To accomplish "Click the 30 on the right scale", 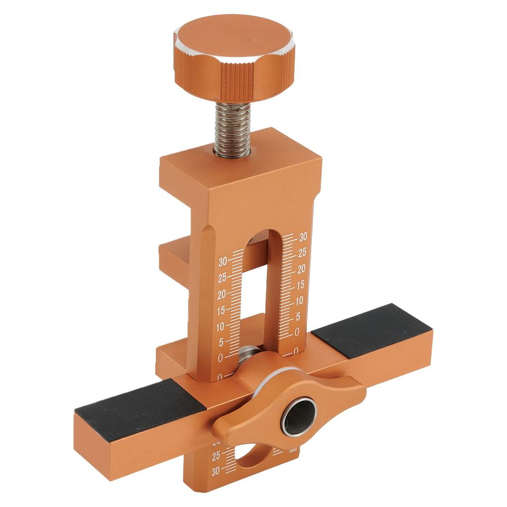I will pyautogui.click(x=304, y=236).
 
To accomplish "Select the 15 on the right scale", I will pyautogui.click(x=301, y=285).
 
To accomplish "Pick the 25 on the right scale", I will pyautogui.click(x=303, y=253).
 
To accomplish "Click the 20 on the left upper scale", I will pyautogui.click(x=222, y=294).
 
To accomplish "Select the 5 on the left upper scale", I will pyautogui.click(x=221, y=342).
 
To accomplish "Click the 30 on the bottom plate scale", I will pyautogui.click(x=215, y=472).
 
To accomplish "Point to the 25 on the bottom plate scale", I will pyautogui.click(x=216, y=456).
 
